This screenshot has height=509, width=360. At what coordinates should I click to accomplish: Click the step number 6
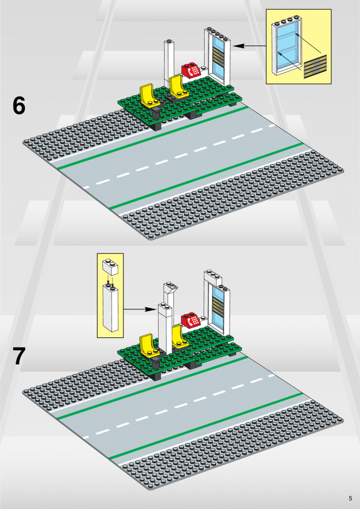[x=19, y=106]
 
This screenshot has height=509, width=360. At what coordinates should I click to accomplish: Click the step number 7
[x=19, y=356]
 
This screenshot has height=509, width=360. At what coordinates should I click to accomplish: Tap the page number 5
[x=350, y=498]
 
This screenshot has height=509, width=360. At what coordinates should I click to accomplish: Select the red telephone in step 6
[x=191, y=70]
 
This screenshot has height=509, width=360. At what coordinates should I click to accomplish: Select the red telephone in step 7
[x=191, y=319]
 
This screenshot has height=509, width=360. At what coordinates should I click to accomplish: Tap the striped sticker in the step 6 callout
[x=315, y=67]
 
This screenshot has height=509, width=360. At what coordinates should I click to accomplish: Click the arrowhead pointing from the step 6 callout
[x=239, y=46]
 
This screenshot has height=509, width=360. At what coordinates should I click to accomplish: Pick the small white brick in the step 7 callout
[x=110, y=267]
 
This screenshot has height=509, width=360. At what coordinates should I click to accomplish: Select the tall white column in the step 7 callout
[x=110, y=308]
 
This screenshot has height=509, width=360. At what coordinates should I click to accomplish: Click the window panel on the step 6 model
[x=218, y=57]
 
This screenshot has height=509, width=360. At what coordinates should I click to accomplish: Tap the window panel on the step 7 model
[x=218, y=311]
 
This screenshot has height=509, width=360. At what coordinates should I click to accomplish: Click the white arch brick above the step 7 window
[x=213, y=279]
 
